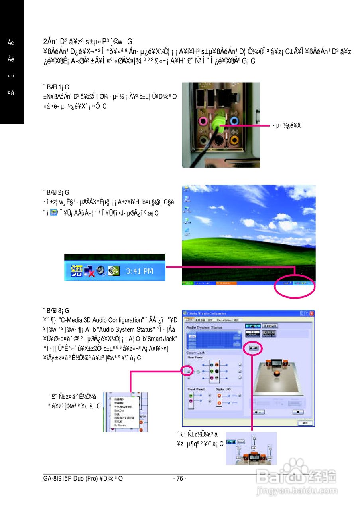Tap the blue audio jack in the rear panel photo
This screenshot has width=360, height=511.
pyautogui.click(x=235, y=121)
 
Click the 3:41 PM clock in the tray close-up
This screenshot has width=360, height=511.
pyautogui.click(x=139, y=271)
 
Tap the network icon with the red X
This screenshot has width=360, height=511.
pyautogui.click(x=89, y=271)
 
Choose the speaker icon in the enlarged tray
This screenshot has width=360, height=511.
pyautogui.click(x=101, y=270)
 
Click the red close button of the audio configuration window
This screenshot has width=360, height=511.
pyautogui.click(x=312, y=313)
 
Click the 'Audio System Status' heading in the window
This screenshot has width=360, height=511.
pyautogui.click(x=205, y=327)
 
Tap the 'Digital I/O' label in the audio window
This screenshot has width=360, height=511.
pyautogui.click(x=223, y=388)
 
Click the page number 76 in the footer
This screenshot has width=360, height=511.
pyautogui.click(x=180, y=478)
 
